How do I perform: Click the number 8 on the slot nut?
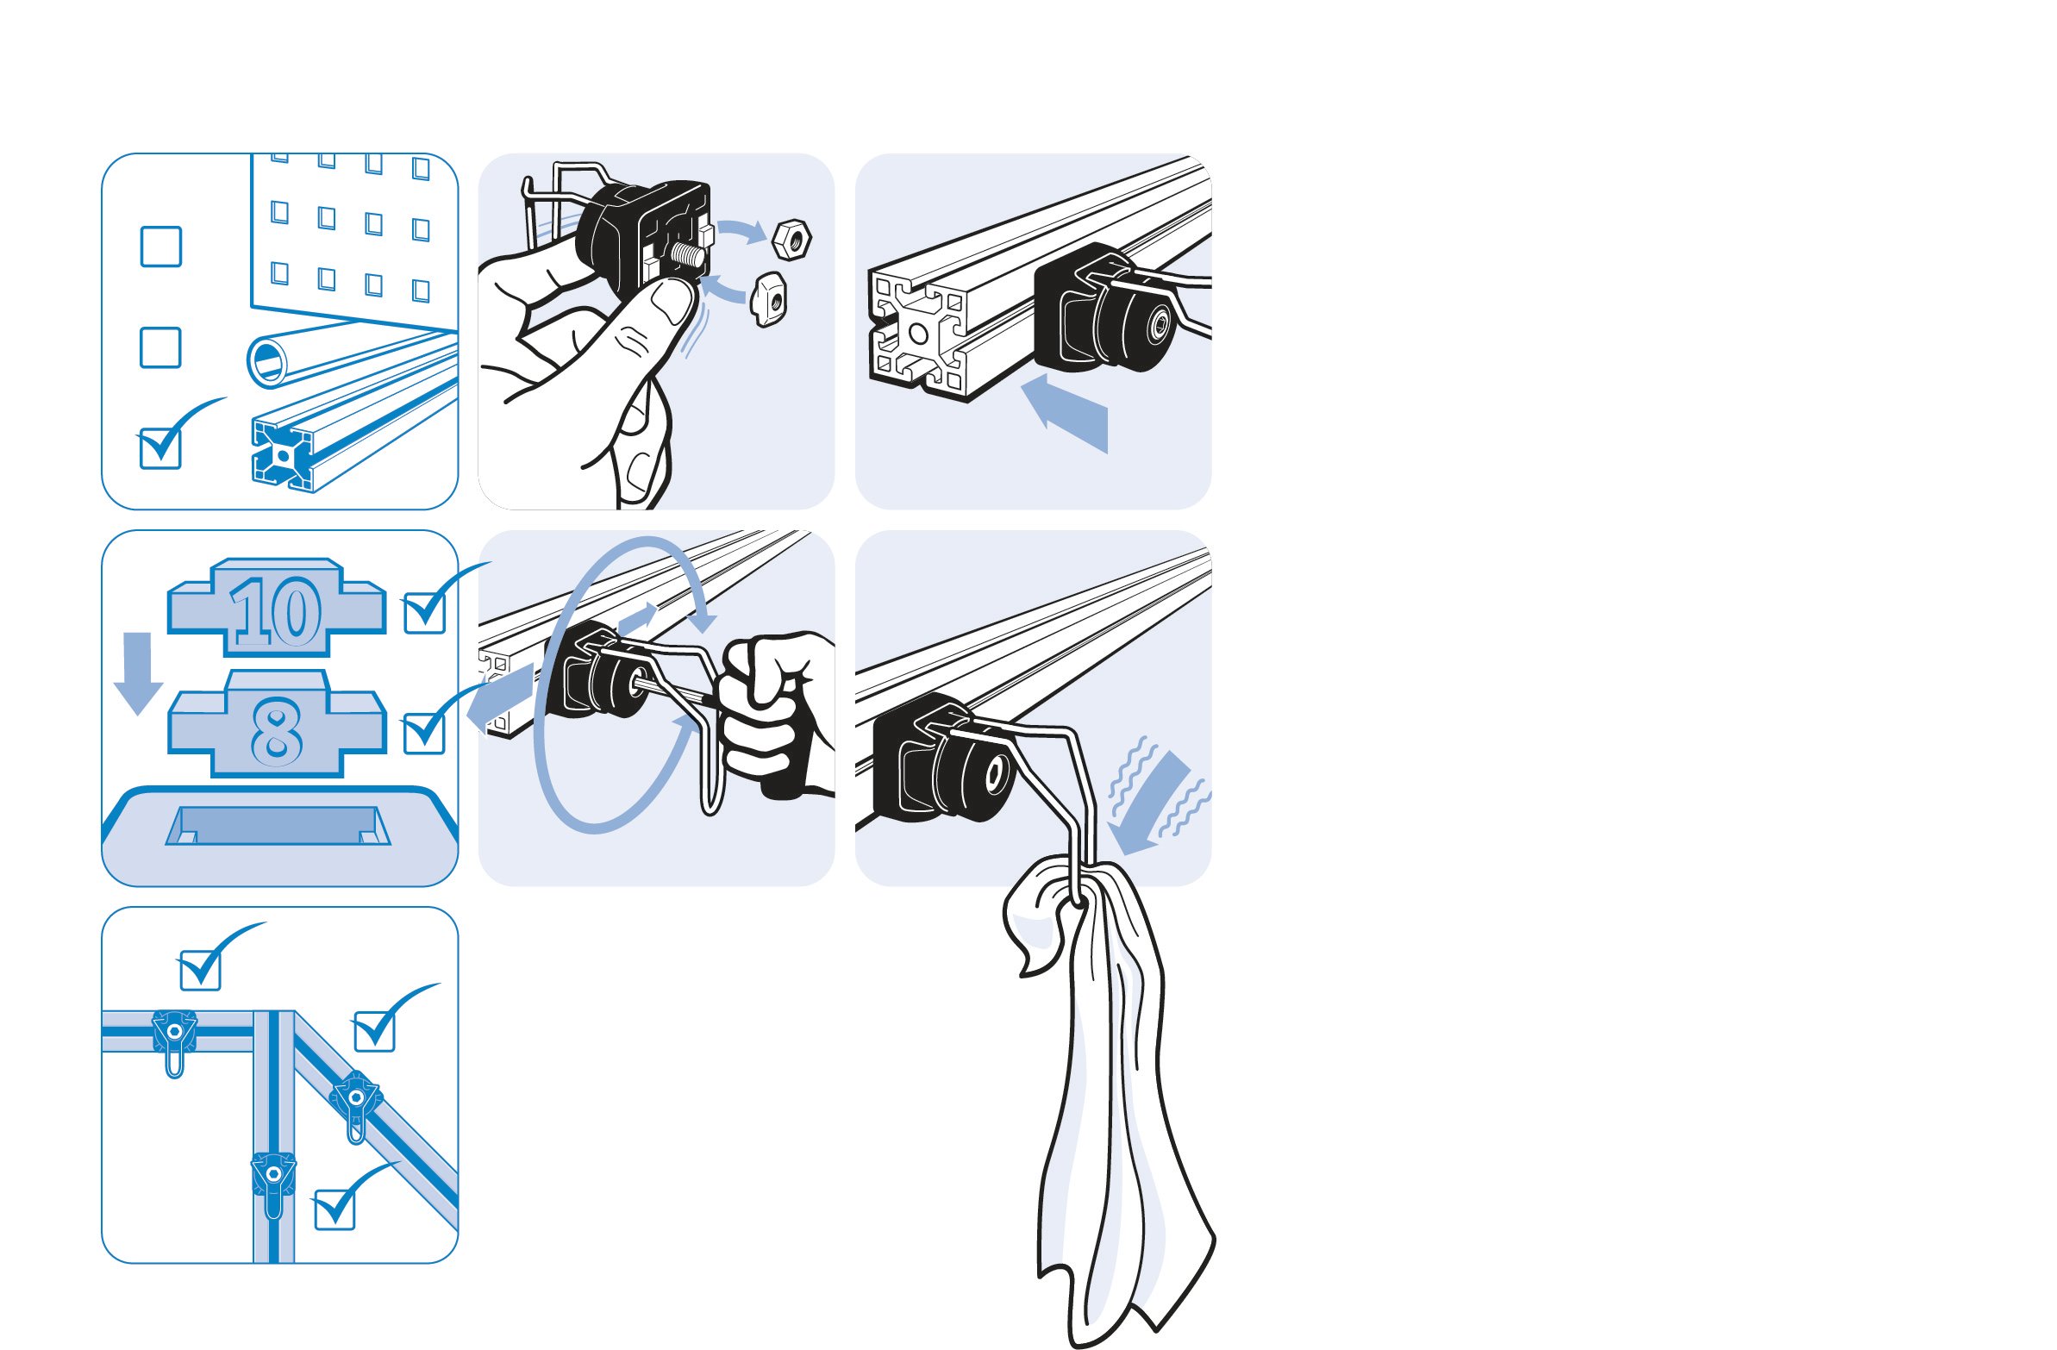tap(277, 731)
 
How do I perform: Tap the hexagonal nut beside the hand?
tap(791, 239)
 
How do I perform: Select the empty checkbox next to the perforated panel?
tap(160, 247)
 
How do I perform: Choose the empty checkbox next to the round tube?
tap(160, 347)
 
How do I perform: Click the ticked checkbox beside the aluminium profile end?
tap(160, 447)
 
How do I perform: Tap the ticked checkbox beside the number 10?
tap(425, 611)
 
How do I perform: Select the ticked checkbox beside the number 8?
tap(424, 731)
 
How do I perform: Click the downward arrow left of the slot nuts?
tap(137, 672)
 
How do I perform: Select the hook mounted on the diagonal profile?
tap(355, 1103)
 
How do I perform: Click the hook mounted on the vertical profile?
tap(273, 1182)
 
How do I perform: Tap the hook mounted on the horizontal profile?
tap(175, 1040)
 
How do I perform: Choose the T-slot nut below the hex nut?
tap(767, 299)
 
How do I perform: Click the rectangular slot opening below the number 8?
tap(278, 825)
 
